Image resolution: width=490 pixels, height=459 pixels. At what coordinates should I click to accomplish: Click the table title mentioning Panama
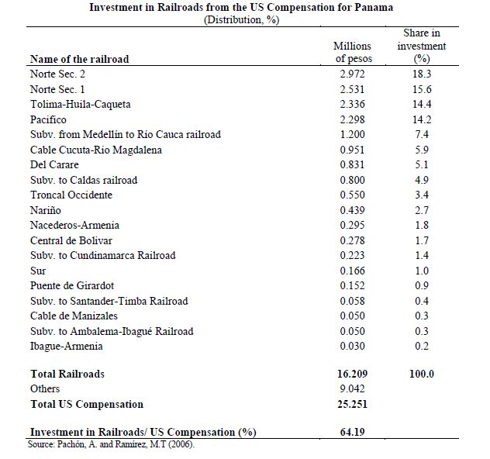click(x=240, y=8)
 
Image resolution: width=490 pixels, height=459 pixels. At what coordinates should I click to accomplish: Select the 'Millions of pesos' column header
click(x=353, y=53)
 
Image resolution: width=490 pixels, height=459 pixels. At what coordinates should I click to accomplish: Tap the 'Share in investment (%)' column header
click(x=422, y=46)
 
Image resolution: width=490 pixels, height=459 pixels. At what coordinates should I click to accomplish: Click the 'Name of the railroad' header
click(x=79, y=59)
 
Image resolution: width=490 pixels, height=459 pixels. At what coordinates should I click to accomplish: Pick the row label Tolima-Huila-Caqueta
click(x=81, y=104)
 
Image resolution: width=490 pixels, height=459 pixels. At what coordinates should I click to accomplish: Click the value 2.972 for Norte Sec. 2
click(x=352, y=74)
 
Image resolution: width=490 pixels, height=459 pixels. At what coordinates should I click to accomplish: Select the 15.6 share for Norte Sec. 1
click(x=422, y=89)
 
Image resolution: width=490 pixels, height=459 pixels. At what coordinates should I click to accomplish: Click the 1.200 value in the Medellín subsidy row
click(x=352, y=134)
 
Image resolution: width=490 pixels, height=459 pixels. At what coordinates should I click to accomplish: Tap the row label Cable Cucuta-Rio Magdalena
click(x=96, y=150)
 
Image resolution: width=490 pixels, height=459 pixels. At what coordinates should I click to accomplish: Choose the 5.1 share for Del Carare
click(x=422, y=164)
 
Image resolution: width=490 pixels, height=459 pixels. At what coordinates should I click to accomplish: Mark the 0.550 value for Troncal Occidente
click(x=352, y=195)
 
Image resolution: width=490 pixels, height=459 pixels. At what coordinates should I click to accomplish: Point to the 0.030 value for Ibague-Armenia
click(x=352, y=346)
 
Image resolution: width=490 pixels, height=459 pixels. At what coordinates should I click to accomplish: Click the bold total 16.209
click(x=352, y=374)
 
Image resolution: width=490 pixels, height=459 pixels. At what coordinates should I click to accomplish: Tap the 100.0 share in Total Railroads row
click(x=422, y=374)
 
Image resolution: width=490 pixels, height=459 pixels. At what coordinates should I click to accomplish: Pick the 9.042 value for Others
click(x=352, y=388)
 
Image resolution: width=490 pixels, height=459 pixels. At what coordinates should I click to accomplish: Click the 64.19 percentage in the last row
click(x=352, y=432)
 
